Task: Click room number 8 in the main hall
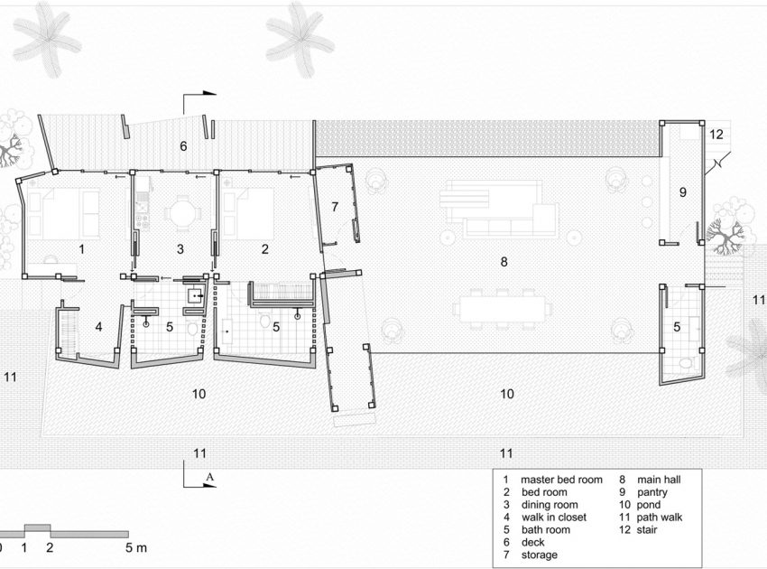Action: (x=504, y=262)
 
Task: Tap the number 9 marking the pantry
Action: (x=683, y=192)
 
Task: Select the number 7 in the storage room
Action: (x=335, y=207)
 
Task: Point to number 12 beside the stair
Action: (x=716, y=135)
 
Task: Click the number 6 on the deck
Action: (x=183, y=146)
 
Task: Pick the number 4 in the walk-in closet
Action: (x=99, y=326)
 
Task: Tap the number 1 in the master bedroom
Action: (x=82, y=249)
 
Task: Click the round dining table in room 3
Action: (x=183, y=214)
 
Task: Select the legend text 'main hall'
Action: (x=659, y=480)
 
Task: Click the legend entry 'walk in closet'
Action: (x=554, y=518)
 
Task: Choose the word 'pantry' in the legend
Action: (x=652, y=492)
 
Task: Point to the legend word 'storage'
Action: (x=539, y=555)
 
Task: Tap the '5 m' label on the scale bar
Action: (x=136, y=547)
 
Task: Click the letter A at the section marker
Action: (x=210, y=477)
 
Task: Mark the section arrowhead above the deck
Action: (x=209, y=92)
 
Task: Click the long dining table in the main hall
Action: (x=503, y=310)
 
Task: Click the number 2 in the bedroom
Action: (x=264, y=249)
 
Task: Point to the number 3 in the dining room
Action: (x=180, y=249)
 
